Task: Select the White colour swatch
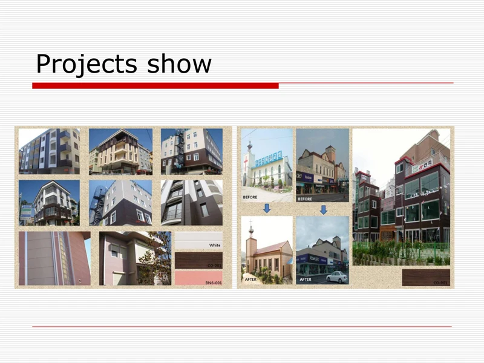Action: [x=198, y=241]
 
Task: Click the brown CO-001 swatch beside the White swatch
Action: [x=198, y=260]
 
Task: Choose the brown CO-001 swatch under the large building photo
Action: [x=425, y=278]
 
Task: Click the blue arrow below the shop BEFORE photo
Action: [x=323, y=209]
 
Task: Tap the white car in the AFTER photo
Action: [x=337, y=277]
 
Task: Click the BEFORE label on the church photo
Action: [x=250, y=197]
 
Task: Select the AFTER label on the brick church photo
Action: [x=250, y=280]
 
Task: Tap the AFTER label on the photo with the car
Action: [x=306, y=280]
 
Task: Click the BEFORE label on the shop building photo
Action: [x=306, y=198]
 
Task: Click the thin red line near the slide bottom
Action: [x=242, y=327]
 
